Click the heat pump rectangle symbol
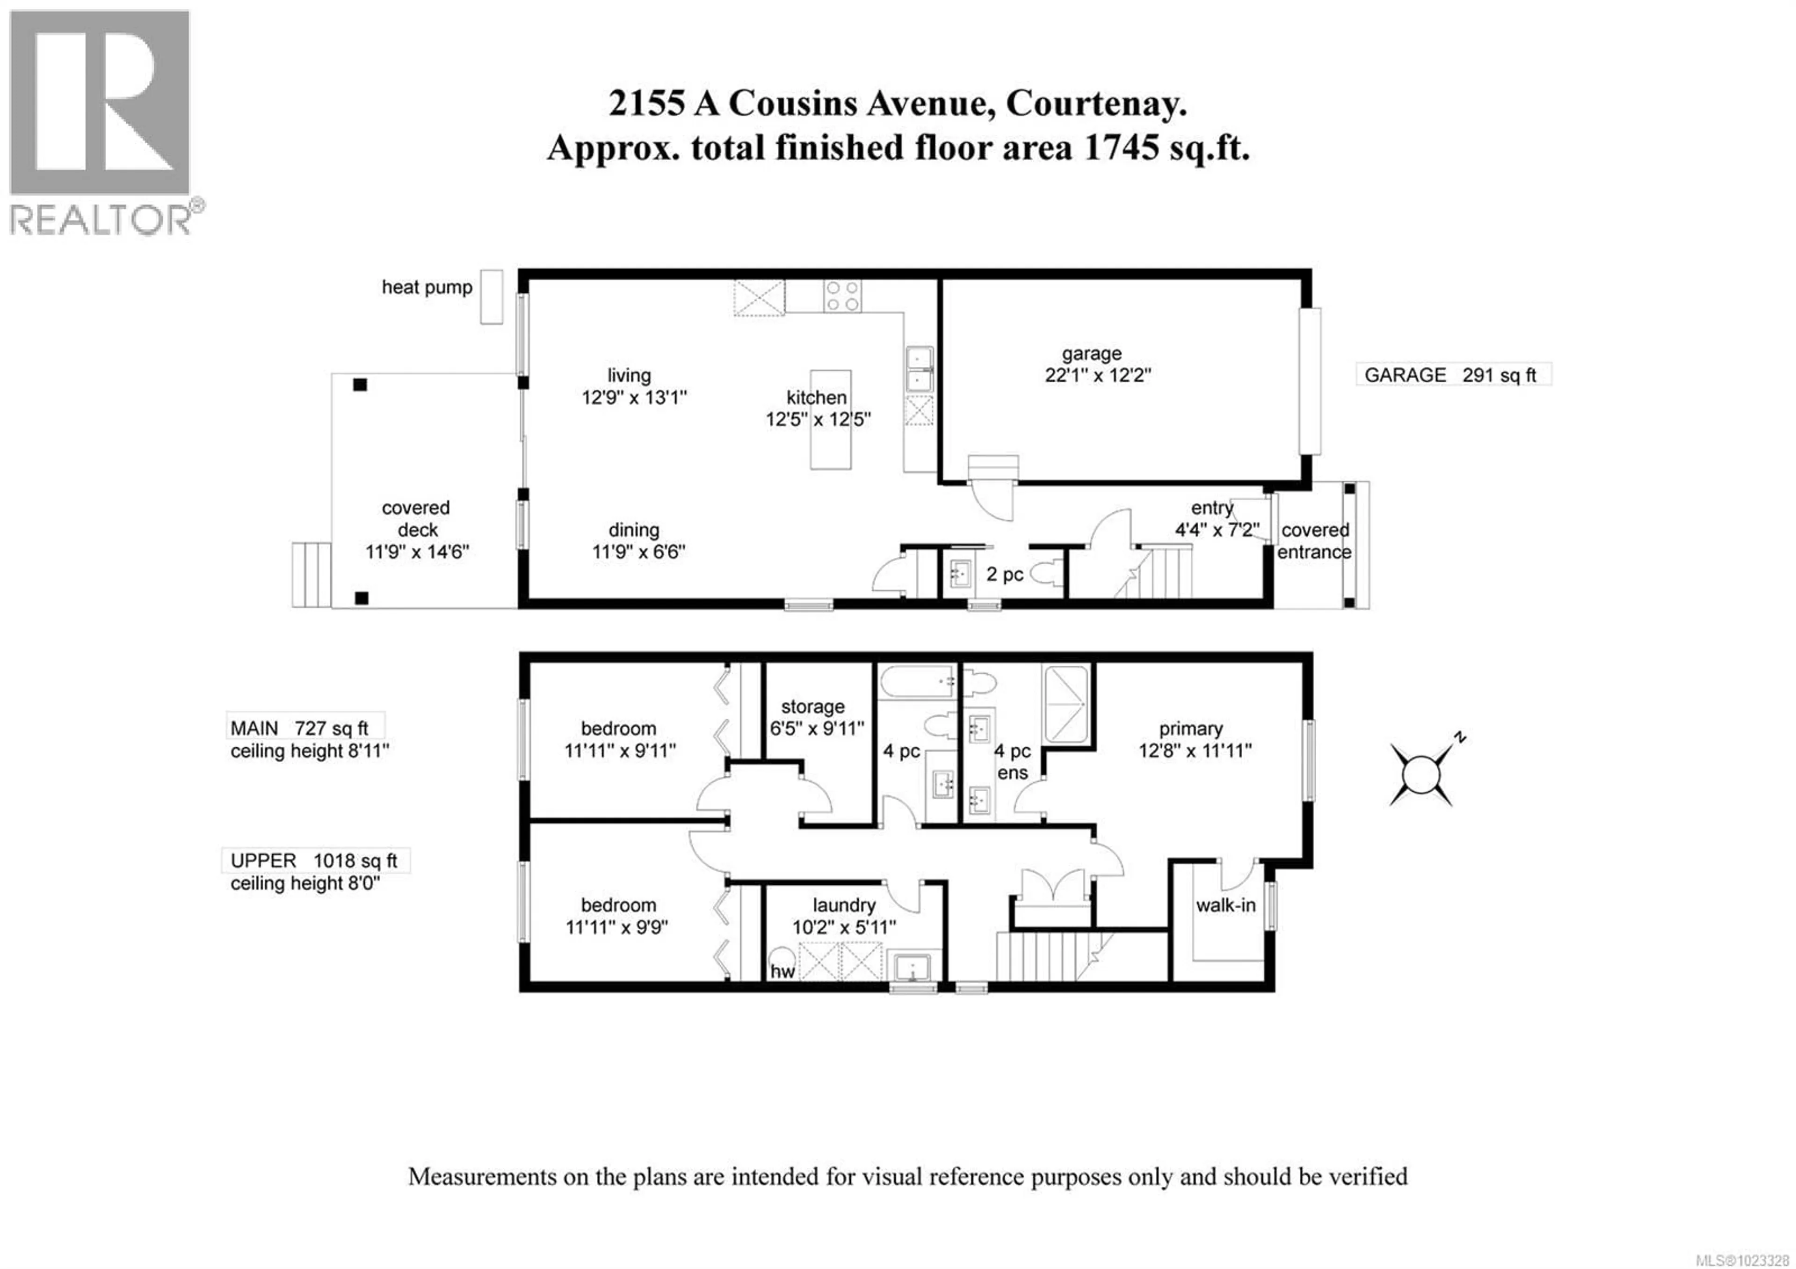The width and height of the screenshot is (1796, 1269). [x=491, y=297]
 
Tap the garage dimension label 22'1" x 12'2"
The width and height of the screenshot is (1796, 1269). [x=1097, y=376]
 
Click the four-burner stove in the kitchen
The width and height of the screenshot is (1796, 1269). [x=842, y=297]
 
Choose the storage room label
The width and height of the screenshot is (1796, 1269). [x=813, y=707]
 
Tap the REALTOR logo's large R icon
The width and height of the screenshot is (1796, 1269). [x=99, y=102]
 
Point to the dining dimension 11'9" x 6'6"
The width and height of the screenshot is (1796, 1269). [x=638, y=552]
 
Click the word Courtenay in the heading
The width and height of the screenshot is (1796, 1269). [x=1096, y=103]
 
